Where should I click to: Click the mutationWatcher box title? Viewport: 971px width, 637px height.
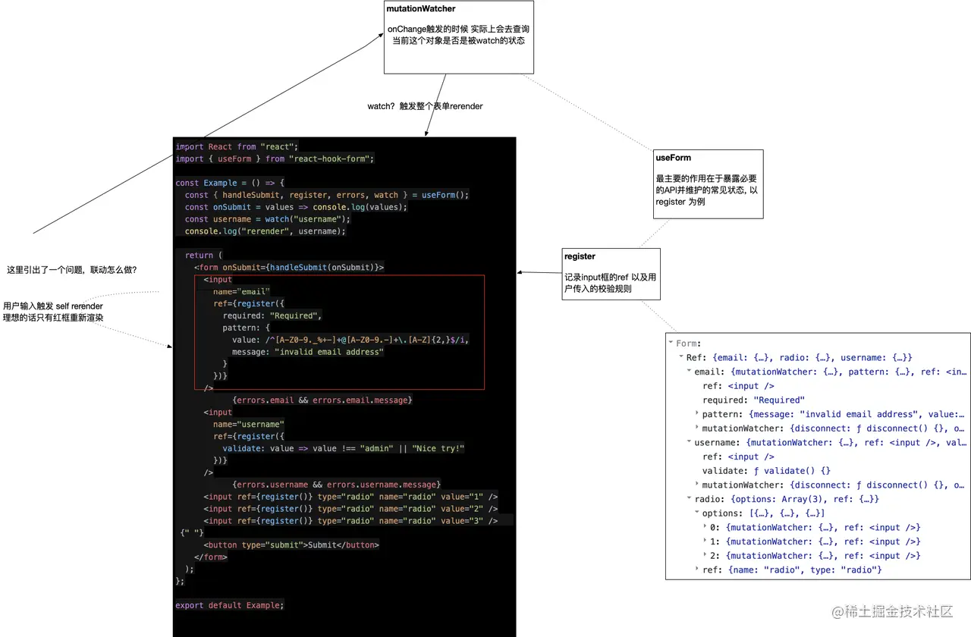[421, 9]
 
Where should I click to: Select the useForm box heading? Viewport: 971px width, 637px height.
[673, 158]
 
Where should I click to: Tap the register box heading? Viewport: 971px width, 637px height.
[580, 256]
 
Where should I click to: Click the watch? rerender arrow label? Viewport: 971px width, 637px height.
[425, 106]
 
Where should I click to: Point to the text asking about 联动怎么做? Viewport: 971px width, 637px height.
[71, 270]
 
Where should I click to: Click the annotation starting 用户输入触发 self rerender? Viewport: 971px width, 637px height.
[53, 312]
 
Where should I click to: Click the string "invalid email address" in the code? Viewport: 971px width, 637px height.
[329, 352]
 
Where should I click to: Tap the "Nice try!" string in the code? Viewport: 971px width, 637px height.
[438, 448]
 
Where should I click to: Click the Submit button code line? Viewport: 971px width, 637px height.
[291, 544]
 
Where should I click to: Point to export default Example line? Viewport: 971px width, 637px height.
[229, 605]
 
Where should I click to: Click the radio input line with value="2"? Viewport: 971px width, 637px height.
[350, 509]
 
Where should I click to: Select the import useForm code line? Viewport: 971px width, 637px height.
[275, 158]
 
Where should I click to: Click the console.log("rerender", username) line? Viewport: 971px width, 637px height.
[265, 231]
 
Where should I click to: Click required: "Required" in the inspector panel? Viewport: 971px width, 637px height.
[753, 400]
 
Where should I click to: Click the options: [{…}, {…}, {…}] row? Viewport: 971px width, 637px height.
[763, 513]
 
